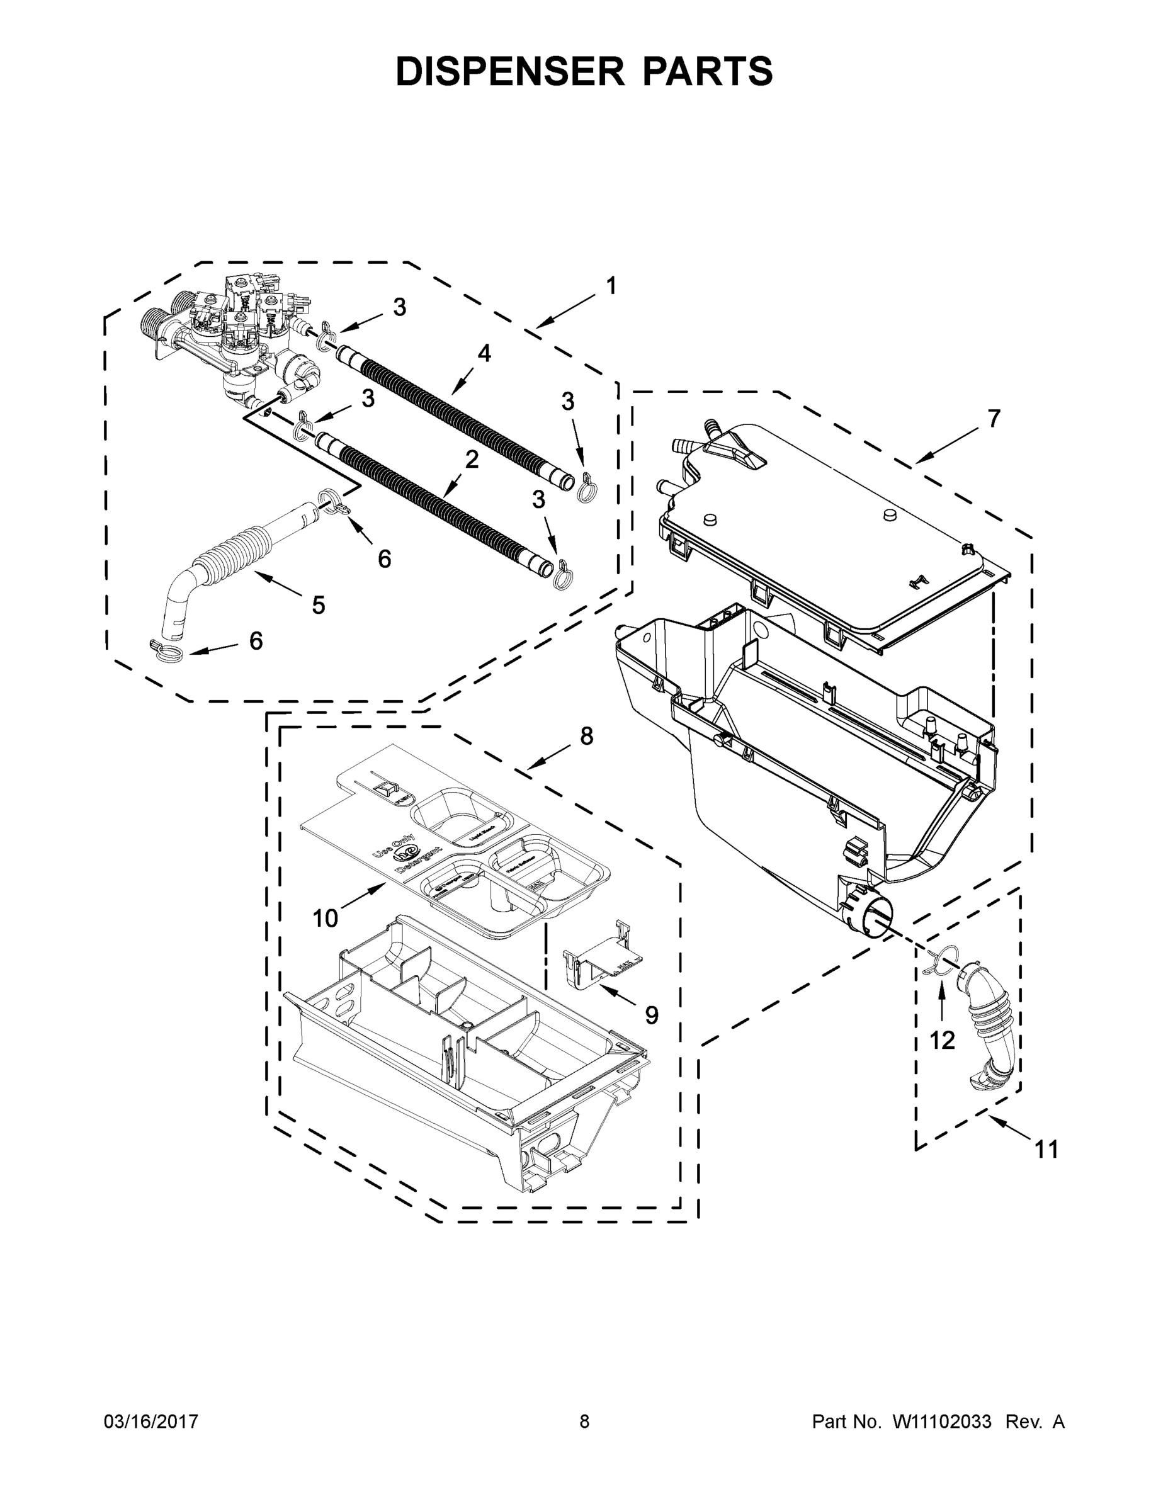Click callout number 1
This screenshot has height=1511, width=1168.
point(610,286)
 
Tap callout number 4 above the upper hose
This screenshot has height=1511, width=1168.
point(484,354)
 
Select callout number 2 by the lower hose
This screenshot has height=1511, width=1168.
point(471,460)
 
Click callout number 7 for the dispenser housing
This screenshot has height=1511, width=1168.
point(993,419)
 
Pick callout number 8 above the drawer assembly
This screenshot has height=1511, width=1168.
point(586,737)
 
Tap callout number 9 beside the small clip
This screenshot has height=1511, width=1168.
point(651,1014)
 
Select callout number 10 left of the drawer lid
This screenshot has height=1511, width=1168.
point(324,919)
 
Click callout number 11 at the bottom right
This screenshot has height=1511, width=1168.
point(1046,1149)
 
